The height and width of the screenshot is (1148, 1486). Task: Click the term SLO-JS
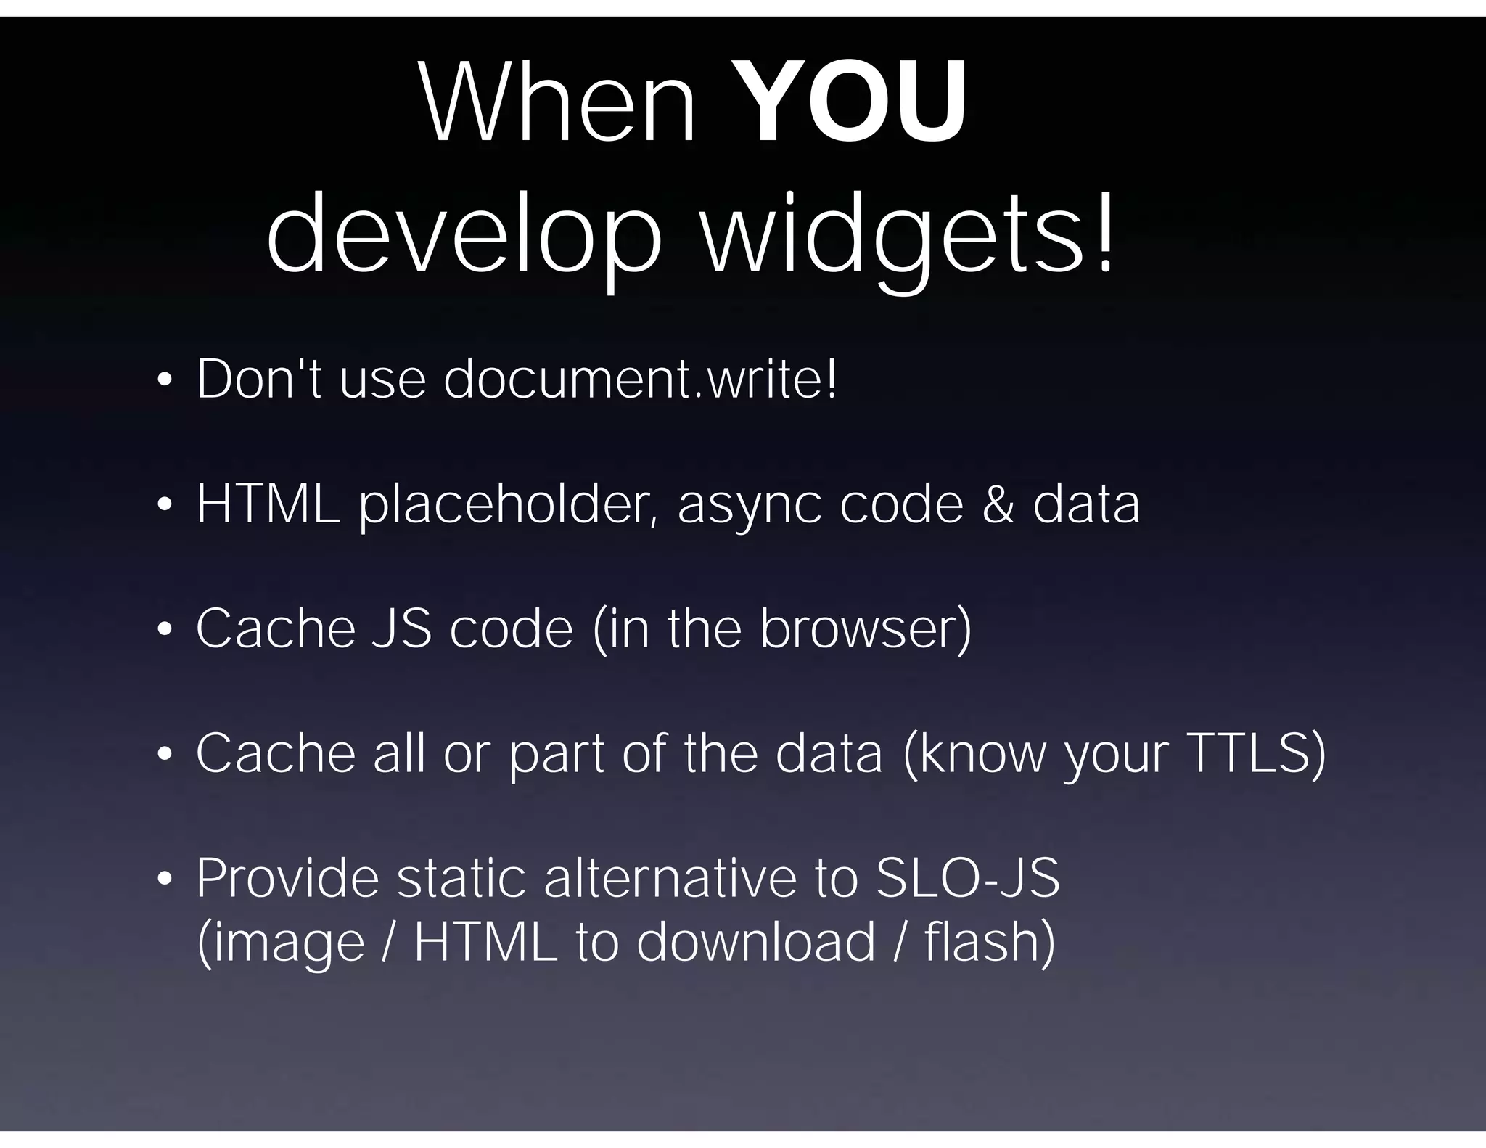coord(968,878)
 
